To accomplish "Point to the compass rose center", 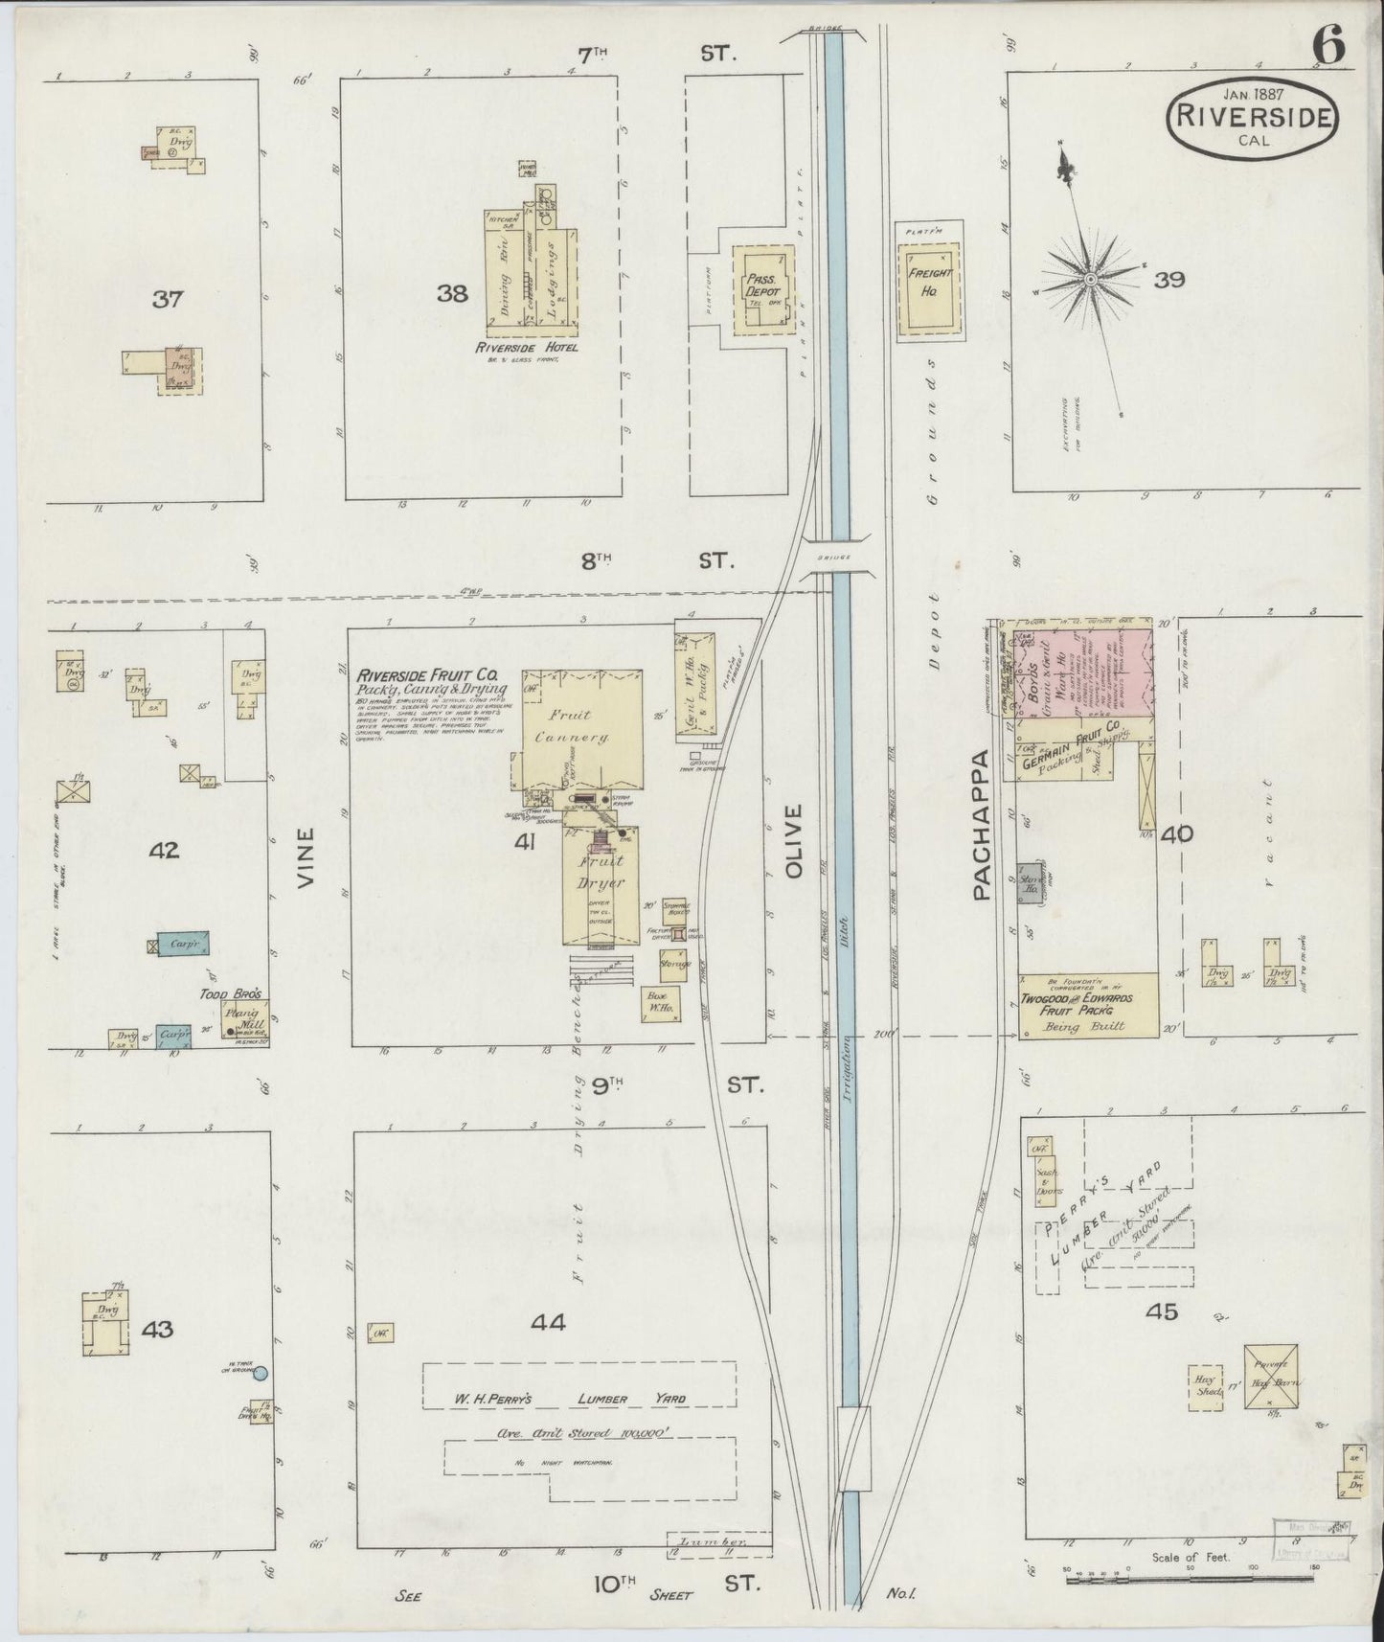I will (1090, 279).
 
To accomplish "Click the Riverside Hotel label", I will (518, 349).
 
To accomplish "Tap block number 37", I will (169, 299).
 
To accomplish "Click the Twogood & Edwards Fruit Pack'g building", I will (1088, 1006).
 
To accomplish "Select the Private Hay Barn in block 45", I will (1271, 1377).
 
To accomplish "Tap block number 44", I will (548, 1323).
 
